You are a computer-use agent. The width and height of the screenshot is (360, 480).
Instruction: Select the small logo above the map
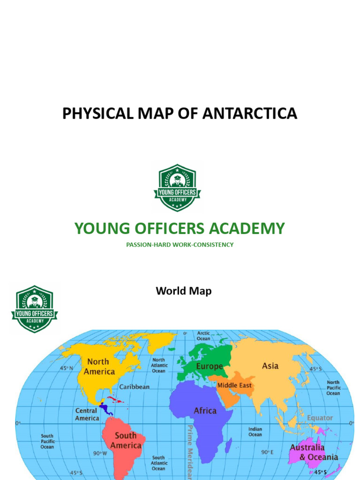tap(34, 308)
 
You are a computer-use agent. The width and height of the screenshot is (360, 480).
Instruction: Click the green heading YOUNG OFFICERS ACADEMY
tap(180, 228)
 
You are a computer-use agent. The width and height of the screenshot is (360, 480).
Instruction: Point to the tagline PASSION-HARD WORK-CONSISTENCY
tap(180, 245)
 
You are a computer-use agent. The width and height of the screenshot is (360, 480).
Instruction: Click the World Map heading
tap(183, 291)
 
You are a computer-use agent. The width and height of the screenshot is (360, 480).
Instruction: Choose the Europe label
tap(209, 366)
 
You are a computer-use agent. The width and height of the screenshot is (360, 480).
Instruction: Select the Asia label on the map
tap(270, 366)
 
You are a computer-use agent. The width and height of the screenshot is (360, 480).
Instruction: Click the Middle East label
tap(234, 385)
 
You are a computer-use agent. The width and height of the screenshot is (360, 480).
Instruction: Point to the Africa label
tap(205, 411)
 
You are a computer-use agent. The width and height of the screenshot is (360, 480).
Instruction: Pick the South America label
tap(126, 441)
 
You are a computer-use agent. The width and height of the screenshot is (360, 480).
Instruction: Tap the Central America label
tap(87, 414)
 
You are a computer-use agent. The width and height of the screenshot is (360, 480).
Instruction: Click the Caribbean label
tap(135, 387)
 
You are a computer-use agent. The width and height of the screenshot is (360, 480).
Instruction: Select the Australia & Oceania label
tap(313, 452)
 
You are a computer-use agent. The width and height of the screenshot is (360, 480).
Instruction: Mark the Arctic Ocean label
tap(203, 336)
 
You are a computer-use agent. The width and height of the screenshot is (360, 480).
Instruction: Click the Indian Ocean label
tap(255, 432)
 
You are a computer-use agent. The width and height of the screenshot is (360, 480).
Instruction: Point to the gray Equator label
tap(320, 418)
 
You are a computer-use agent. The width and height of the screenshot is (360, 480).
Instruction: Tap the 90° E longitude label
tap(267, 452)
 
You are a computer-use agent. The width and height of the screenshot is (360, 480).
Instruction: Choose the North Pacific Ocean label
tap(333, 388)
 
